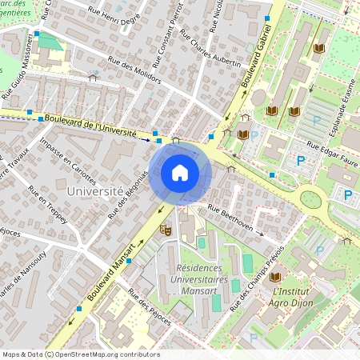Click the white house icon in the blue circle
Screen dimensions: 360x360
pos(180,173)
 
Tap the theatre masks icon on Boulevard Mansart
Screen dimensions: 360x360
pos(166,230)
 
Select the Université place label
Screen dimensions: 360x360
pos(94,192)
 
